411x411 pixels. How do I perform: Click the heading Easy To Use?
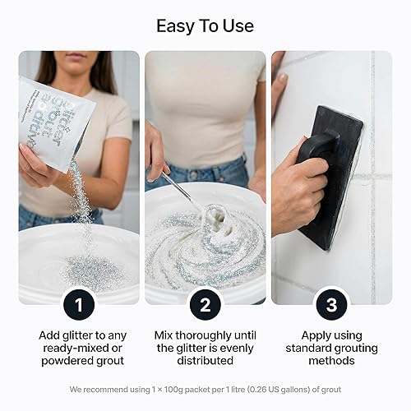pyautogui.click(x=205, y=25)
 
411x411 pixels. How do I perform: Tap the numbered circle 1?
pyautogui.click(x=78, y=306)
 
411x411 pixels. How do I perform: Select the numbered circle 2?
pyautogui.click(x=205, y=306)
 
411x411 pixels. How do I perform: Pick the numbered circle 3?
pyautogui.click(x=331, y=306)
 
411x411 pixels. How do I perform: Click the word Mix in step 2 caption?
pyautogui.click(x=165, y=335)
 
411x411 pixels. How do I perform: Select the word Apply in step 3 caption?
pyautogui.click(x=300, y=335)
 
